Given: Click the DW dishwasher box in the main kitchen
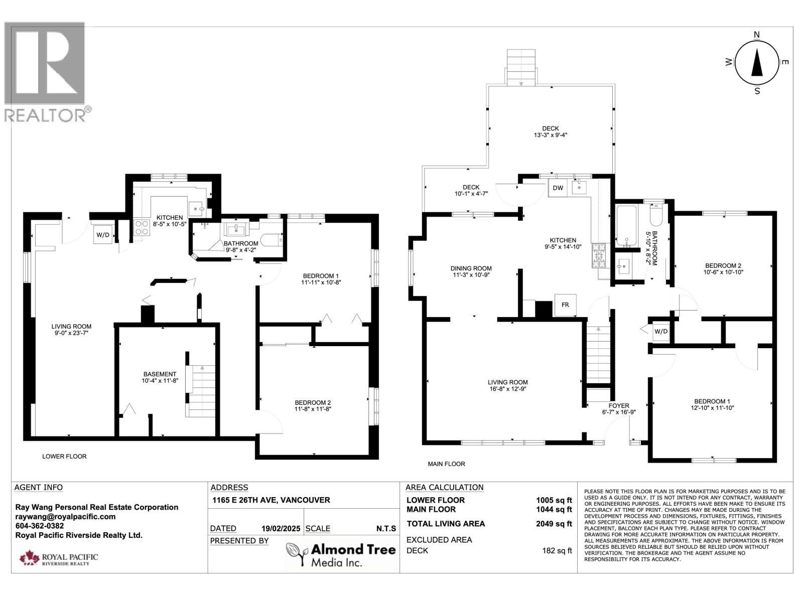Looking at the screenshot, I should (558, 188).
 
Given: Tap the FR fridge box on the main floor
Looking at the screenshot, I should (565, 305).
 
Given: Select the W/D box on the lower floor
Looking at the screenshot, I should (103, 235).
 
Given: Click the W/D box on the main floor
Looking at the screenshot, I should (661, 332).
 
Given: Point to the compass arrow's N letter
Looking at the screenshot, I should (757, 35).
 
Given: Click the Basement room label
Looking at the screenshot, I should (160, 374).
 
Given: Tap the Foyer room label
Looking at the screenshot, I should (619, 406).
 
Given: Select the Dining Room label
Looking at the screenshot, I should (471, 268).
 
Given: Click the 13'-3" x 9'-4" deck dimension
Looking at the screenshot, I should (550, 135).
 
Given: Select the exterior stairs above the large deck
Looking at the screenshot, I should (521, 67).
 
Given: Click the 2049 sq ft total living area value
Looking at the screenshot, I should (554, 524).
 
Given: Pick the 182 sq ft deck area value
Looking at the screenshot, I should (557, 550).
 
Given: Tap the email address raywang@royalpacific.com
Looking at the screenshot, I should (65, 517).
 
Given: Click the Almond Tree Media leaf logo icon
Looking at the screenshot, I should (297, 554).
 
